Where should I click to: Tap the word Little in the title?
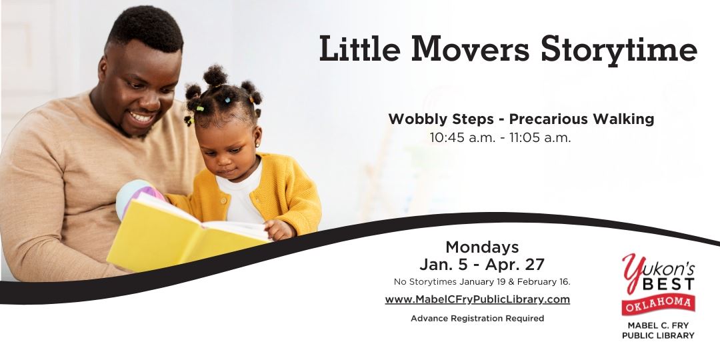[x=359, y=50]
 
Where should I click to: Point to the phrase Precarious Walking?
[x=581, y=119]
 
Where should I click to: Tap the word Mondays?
[x=482, y=247]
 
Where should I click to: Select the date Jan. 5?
[x=445, y=264]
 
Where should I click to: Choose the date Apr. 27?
[x=518, y=264]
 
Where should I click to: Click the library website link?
[x=477, y=299]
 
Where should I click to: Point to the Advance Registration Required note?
[x=477, y=319]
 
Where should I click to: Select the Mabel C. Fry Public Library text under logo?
[x=658, y=330]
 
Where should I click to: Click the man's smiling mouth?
[x=143, y=117]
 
